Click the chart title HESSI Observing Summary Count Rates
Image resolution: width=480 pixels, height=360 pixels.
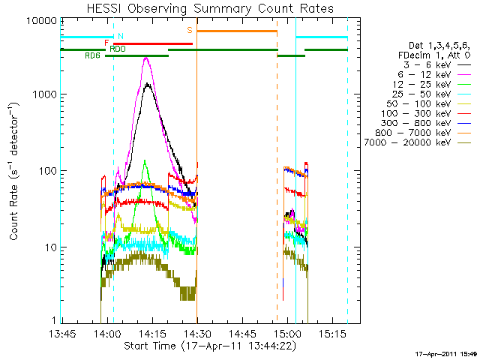(x=210, y=8)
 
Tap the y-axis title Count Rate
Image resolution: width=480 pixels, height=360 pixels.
(x=14, y=172)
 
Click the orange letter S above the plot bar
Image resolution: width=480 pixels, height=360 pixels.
(x=190, y=30)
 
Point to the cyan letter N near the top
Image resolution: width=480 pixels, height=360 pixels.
(x=121, y=37)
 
